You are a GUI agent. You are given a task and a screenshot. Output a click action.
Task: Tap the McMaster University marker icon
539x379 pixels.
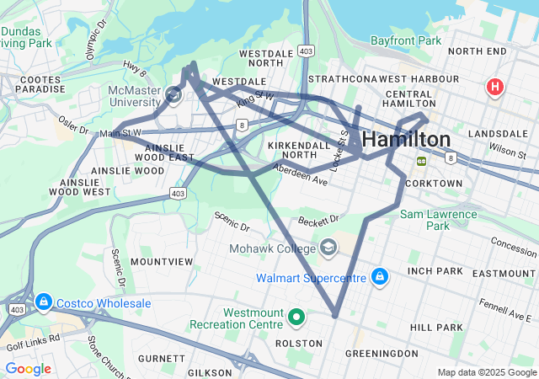coord(174,94)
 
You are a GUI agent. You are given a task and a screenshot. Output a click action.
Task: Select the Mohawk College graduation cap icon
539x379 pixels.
coord(327,247)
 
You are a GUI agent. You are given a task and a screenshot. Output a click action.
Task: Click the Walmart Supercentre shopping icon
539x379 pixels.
coord(380,277)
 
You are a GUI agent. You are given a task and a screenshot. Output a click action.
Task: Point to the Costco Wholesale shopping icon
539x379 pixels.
coord(43,301)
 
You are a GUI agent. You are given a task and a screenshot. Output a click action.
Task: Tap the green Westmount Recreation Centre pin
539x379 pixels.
coord(296,318)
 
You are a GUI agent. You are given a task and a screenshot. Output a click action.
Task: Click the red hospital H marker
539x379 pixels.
coord(495,86)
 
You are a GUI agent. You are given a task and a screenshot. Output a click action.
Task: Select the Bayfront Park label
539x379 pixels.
coord(406,40)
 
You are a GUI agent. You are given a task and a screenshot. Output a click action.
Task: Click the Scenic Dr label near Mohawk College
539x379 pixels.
coord(232,222)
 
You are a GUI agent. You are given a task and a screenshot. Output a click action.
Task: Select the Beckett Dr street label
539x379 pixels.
coord(318,220)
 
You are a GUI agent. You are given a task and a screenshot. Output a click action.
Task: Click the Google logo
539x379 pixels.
coord(28,368)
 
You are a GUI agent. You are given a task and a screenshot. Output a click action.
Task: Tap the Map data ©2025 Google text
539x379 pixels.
coord(487,372)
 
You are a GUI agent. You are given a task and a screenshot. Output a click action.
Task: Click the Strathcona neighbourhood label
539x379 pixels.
coord(341,78)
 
